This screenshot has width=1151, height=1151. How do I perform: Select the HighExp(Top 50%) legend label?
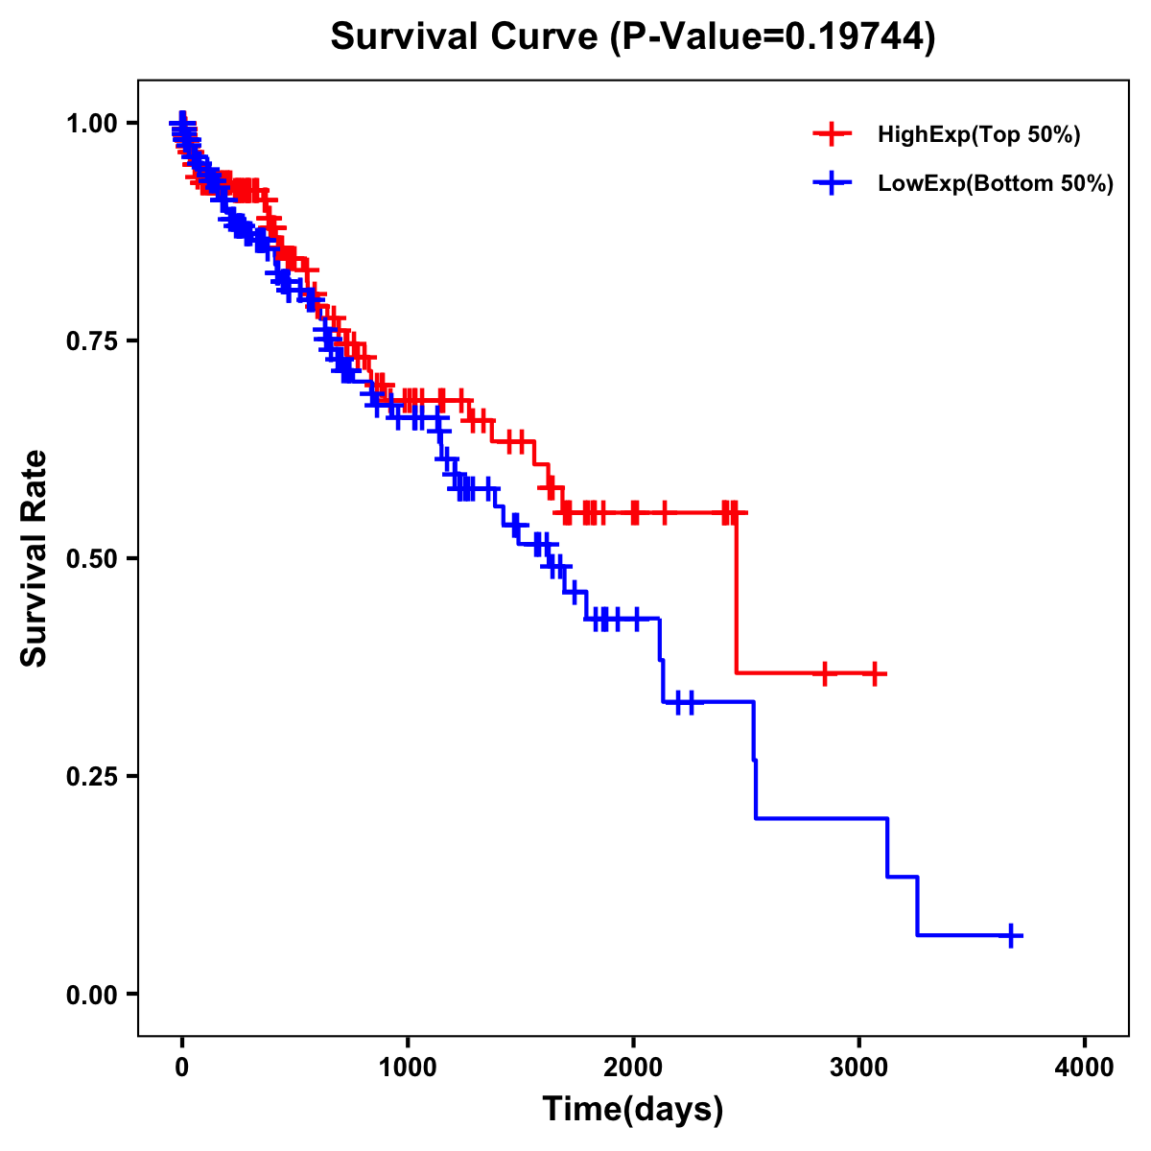pos(978,135)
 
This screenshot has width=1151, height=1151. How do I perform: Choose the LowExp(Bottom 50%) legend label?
pos(996,184)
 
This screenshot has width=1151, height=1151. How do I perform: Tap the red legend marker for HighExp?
pos(832,134)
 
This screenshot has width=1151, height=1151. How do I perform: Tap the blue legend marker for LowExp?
pos(832,183)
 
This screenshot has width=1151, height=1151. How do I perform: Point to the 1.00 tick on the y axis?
pos(91,124)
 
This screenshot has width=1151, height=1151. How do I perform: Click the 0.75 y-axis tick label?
pos(91,341)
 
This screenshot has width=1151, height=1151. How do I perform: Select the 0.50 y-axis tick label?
pos(91,559)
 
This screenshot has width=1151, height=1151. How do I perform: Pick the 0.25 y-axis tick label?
pos(91,777)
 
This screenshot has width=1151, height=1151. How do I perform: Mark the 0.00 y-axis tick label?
pos(91,995)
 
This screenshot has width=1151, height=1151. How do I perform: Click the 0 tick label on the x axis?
pos(182,1068)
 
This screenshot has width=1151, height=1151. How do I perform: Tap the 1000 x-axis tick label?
pos(408,1068)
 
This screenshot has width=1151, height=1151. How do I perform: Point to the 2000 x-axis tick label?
pos(633,1068)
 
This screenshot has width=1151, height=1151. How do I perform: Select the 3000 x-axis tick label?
pos(859,1068)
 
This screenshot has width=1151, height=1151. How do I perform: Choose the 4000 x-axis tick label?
pos(1085,1068)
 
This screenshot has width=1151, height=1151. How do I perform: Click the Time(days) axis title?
pos(633,1110)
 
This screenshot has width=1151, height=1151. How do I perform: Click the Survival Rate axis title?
pos(35,558)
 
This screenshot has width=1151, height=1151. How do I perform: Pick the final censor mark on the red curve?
pos(874,674)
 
